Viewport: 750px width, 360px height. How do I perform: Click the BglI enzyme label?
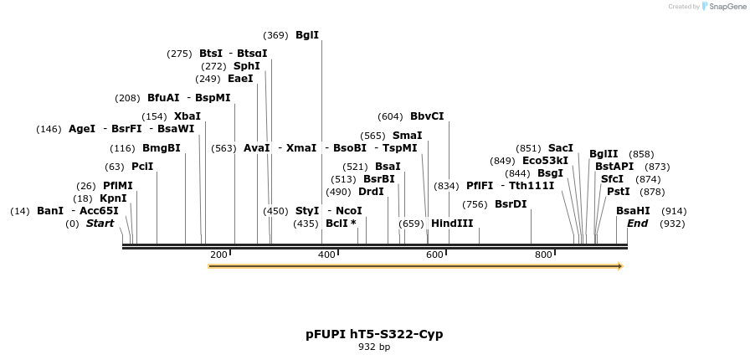click(306, 35)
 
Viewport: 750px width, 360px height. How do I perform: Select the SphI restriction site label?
click(246, 66)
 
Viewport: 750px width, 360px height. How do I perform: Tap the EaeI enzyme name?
click(240, 79)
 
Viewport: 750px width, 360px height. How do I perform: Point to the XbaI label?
click(187, 116)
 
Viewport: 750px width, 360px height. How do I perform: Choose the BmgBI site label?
click(161, 148)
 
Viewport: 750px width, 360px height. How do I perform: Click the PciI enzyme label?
click(141, 167)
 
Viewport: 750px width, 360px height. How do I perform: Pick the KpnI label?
click(113, 198)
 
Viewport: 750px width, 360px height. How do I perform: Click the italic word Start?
click(100, 224)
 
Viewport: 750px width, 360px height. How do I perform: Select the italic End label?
click(637, 224)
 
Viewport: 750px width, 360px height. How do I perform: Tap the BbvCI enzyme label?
click(427, 116)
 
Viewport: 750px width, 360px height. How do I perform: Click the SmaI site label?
click(407, 136)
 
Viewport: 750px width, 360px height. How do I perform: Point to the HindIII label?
click(452, 224)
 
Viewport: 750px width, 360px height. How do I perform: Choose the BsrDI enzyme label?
click(511, 204)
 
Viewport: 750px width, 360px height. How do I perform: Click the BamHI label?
click(632, 211)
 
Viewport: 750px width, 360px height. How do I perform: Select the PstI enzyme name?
click(618, 192)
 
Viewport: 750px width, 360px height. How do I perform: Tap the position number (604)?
click(390, 116)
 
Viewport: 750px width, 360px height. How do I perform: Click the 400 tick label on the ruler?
click(326, 255)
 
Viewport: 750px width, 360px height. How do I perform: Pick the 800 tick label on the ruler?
click(543, 255)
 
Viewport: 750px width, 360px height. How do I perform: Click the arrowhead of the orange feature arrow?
click(620, 266)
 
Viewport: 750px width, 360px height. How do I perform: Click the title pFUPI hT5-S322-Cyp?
click(374, 334)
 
